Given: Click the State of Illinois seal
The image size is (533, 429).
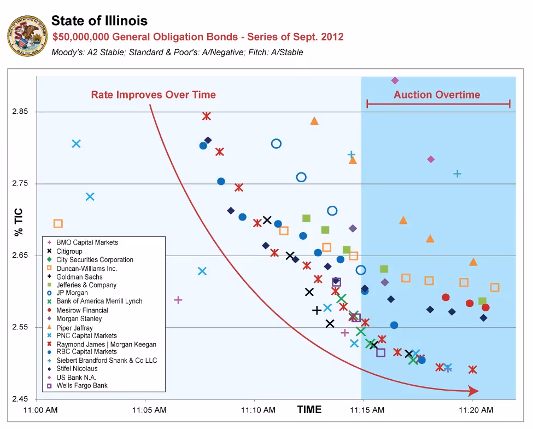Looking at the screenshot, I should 25,35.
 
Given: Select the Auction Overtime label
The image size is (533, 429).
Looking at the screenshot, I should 437,95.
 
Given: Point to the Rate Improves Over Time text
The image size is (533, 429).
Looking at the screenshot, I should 153,95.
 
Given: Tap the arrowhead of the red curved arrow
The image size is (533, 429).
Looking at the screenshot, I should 473,391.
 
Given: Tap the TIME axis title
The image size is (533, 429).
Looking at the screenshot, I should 309,409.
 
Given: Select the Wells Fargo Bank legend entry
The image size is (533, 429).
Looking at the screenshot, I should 82,386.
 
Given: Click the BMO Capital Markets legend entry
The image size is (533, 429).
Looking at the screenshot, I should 87,242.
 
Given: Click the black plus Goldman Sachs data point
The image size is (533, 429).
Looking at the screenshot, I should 317,310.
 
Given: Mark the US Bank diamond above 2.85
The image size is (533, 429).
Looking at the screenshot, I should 395,80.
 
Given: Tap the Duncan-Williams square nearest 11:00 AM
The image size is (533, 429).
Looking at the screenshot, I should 58,223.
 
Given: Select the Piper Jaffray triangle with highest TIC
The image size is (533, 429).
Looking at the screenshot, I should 314,121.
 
